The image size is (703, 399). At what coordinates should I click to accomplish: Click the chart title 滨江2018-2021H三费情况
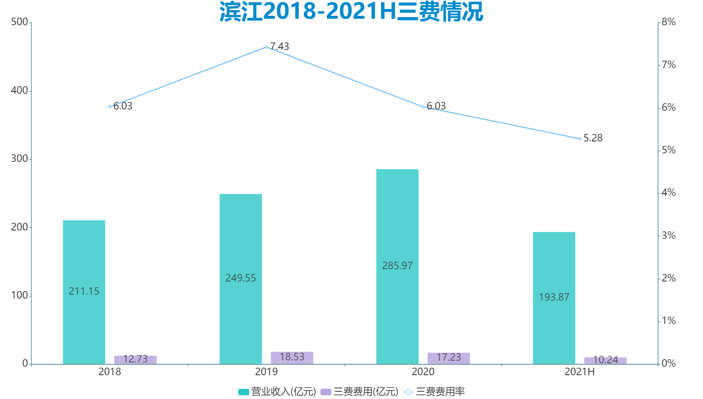(x=351, y=11)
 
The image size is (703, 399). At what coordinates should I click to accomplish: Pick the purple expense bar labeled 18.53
(x=292, y=358)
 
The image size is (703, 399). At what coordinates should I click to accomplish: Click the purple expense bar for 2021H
(x=605, y=361)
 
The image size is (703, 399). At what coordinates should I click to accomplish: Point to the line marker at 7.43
(x=266, y=47)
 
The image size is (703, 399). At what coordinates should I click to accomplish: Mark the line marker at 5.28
(x=579, y=139)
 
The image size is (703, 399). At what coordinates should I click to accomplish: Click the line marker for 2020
(x=423, y=107)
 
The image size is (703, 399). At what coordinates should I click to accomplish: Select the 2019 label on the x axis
(x=266, y=372)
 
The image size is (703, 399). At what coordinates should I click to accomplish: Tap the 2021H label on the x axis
(x=579, y=372)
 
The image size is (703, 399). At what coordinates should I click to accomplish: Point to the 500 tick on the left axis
(x=20, y=22)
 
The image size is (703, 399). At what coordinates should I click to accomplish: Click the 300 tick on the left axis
(x=20, y=159)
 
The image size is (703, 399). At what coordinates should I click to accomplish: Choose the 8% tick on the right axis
(x=668, y=22)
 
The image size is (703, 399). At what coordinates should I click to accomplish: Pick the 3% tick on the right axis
(x=668, y=235)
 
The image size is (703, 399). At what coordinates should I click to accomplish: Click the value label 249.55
(x=241, y=278)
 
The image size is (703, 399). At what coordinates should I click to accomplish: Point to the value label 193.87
(x=554, y=297)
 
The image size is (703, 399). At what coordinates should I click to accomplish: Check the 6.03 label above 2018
(x=123, y=106)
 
